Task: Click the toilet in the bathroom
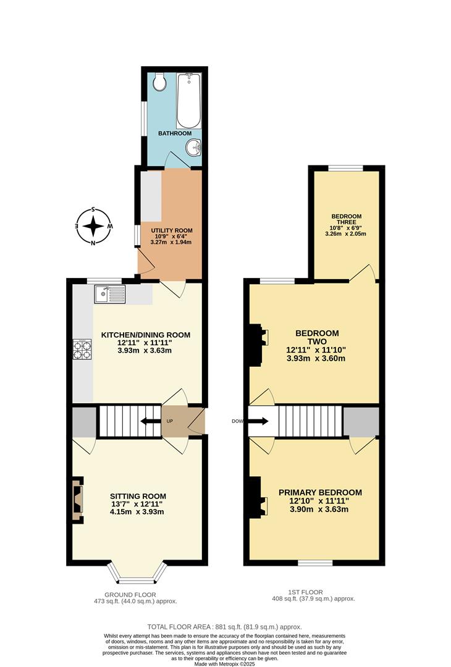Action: pyautogui.click(x=159, y=83)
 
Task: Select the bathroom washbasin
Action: pyautogui.click(x=193, y=148)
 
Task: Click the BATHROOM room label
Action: pyautogui.click(x=174, y=133)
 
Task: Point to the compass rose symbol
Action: pyautogui.click(x=93, y=226)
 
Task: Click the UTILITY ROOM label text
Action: pyautogui.click(x=172, y=230)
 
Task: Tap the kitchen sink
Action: pyautogui.click(x=109, y=293)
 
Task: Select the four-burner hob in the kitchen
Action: pyautogui.click(x=82, y=350)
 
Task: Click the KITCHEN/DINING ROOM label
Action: pyautogui.click(x=146, y=335)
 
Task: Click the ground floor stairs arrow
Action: pyautogui.click(x=148, y=422)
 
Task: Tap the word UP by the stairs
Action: pyautogui.click(x=170, y=422)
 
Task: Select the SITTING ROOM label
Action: pyautogui.click(x=138, y=496)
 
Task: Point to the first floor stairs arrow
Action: pyautogui.click(x=258, y=422)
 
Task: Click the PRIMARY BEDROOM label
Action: pyautogui.click(x=319, y=492)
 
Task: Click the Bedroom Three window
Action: pyautogui.click(x=345, y=167)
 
